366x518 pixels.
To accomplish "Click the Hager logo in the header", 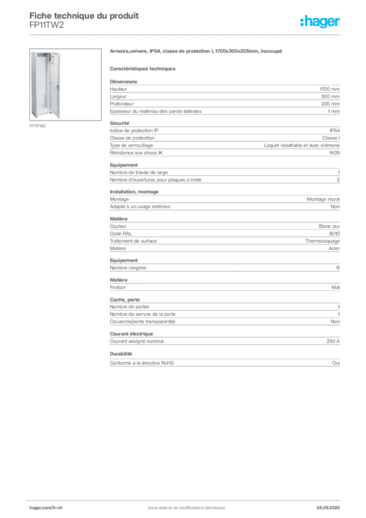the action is pyautogui.click(x=320, y=21).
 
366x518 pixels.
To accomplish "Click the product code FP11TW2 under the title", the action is pyautogui.click(x=47, y=25).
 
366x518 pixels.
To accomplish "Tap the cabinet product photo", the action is pyautogui.click(x=65, y=84).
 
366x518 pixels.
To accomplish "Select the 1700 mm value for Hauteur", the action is pyautogui.click(x=330, y=89).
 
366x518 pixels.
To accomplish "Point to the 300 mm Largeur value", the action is pyautogui.click(x=330, y=97).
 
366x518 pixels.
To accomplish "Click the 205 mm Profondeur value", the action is pyautogui.click(x=330, y=104).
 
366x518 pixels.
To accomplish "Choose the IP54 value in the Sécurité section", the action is pyautogui.click(x=334, y=131).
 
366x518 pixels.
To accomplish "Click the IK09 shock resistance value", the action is pyautogui.click(x=334, y=153).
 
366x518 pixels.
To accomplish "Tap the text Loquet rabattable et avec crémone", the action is pyautogui.click(x=302, y=145).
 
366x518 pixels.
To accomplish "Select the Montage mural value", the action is pyautogui.click(x=323, y=199).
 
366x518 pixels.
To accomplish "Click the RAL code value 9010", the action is pyautogui.click(x=334, y=234).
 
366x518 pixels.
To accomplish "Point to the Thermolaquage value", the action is pyautogui.click(x=323, y=241).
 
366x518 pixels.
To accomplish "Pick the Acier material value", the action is pyautogui.click(x=334, y=248).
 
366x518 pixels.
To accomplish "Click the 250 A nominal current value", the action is pyautogui.click(x=333, y=341).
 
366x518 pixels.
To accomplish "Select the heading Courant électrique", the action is pyautogui.click(x=131, y=334).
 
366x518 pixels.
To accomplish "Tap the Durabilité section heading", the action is pyautogui.click(x=121, y=354).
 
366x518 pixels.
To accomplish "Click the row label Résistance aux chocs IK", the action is pyautogui.click(x=136, y=153).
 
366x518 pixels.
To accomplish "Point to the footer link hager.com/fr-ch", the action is pyautogui.click(x=46, y=508).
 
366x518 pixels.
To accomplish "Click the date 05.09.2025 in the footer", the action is pyautogui.click(x=328, y=508).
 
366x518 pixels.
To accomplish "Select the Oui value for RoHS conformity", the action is pyautogui.click(x=336, y=363).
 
